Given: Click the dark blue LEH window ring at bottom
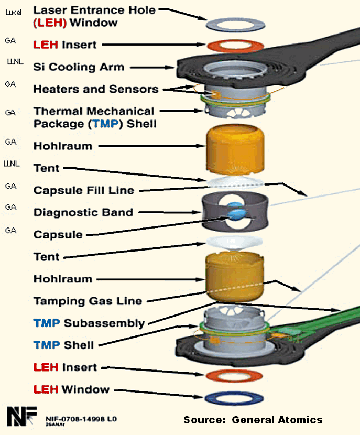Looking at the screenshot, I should pos(234,398).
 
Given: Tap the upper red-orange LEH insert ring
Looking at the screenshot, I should pos(234,46).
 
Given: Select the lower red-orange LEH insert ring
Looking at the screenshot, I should pos(234,375).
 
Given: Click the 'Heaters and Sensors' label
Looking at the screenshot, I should pos(95,89).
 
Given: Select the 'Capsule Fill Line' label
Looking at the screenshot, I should pos(84,190).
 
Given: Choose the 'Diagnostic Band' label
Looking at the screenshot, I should pos(83,212).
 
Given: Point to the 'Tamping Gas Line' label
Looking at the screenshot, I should pos(88,301).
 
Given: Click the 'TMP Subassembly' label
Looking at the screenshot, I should pos(89,323).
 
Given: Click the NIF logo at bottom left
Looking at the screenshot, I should pos(21,415).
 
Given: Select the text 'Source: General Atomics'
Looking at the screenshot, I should pos(253,420).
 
